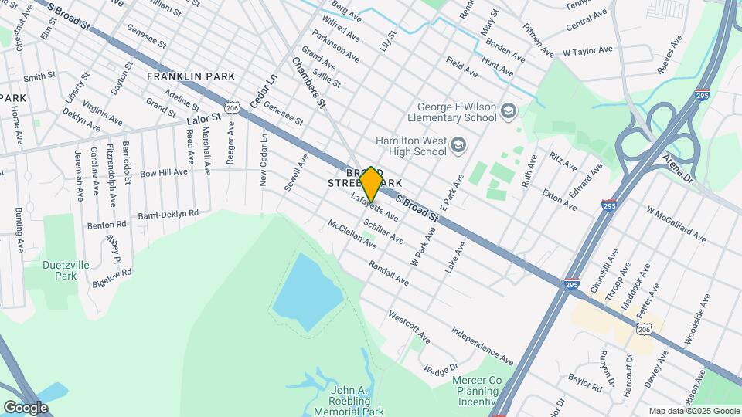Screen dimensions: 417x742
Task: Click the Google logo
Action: (x=26, y=407)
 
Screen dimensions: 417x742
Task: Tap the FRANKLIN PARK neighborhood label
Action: (x=191, y=77)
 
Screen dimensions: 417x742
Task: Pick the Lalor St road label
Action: (x=204, y=118)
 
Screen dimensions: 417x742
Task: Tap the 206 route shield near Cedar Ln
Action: (x=231, y=103)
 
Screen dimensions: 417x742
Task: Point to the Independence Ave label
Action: (x=482, y=347)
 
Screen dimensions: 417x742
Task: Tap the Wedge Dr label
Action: (x=441, y=370)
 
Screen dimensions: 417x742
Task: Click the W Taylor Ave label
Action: (x=587, y=51)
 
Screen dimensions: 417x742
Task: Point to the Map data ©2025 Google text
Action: (x=693, y=411)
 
